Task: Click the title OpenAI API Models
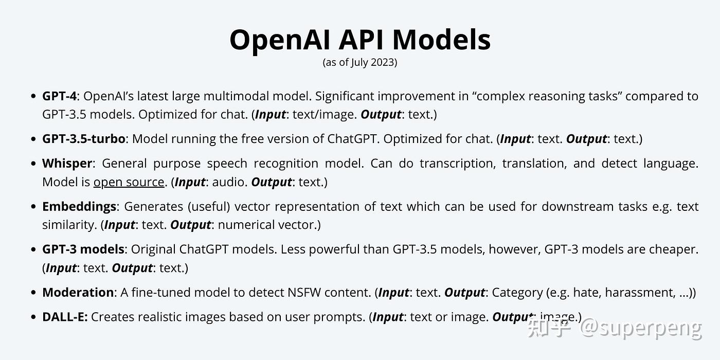point(360,40)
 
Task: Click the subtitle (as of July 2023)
point(360,63)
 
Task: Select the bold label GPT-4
point(59,96)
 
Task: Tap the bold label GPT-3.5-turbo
point(84,139)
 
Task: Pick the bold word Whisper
point(67,164)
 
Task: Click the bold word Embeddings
point(79,207)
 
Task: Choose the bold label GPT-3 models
point(83,249)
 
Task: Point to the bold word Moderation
point(78,293)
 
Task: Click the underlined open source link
point(129,182)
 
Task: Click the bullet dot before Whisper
point(34,164)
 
